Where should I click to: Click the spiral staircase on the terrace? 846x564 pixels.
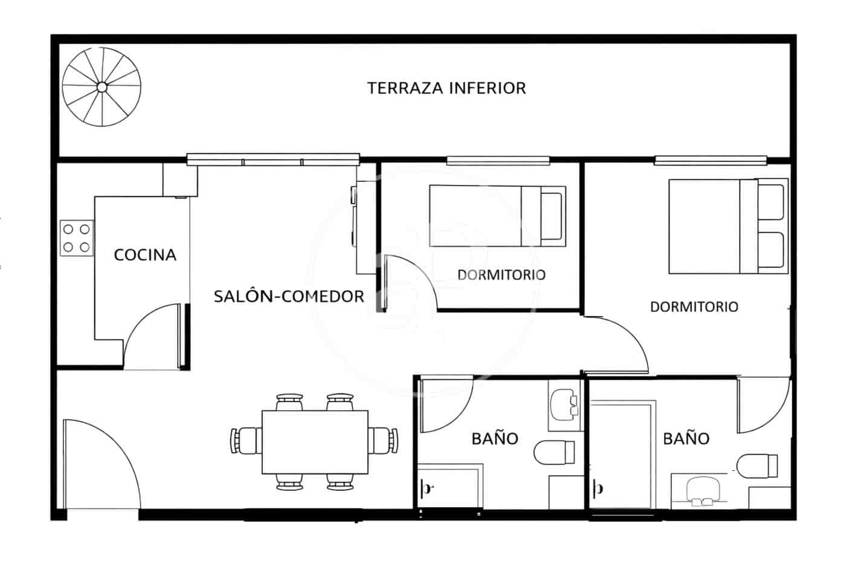click(x=102, y=88)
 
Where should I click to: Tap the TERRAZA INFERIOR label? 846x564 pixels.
click(x=447, y=88)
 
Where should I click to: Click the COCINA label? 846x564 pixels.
click(x=145, y=255)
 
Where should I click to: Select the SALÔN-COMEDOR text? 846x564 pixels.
click(x=289, y=297)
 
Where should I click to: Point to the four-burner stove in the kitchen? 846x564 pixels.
click(x=77, y=238)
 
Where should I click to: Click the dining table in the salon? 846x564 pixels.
click(x=315, y=442)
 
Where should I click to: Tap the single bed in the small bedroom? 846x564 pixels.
click(x=497, y=216)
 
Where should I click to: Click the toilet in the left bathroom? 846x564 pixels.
click(x=555, y=453)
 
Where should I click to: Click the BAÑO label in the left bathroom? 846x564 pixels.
click(x=495, y=438)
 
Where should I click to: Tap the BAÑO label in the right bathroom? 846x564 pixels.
click(x=686, y=438)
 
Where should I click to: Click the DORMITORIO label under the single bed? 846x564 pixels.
click(x=501, y=275)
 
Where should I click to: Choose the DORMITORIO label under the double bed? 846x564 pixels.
click(x=694, y=307)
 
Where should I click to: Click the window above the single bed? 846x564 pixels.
click(x=498, y=160)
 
